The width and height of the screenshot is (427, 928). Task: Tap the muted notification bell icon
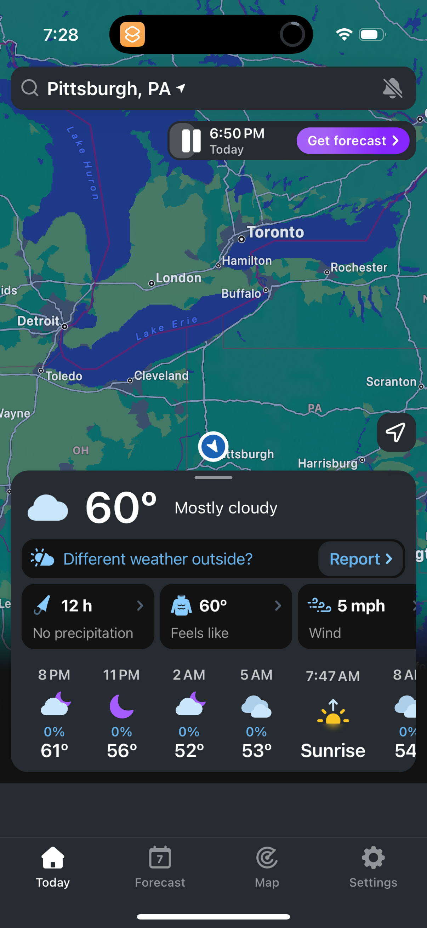[392, 88]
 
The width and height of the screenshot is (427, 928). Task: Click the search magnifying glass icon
[29, 88]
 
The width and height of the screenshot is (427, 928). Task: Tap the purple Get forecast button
[352, 141]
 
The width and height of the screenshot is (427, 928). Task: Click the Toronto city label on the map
[275, 232]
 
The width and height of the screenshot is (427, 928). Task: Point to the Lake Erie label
[166, 328]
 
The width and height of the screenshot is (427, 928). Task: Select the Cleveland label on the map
[161, 376]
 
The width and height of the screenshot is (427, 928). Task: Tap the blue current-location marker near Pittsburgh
[213, 446]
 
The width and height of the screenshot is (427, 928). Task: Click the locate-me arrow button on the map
[395, 432]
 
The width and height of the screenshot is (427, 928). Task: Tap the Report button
[360, 559]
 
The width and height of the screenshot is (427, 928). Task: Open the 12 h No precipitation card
[88, 617]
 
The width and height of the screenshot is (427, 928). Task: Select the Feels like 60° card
[226, 617]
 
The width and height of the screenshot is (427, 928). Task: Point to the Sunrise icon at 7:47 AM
[333, 711]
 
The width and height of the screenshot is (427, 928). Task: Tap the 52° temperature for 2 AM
[189, 751]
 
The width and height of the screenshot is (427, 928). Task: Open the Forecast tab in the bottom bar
[160, 867]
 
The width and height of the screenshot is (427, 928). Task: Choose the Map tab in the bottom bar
[267, 867]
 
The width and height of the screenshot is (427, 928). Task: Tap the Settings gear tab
[373, 867]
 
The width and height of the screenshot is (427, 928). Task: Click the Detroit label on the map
[39, 321]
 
